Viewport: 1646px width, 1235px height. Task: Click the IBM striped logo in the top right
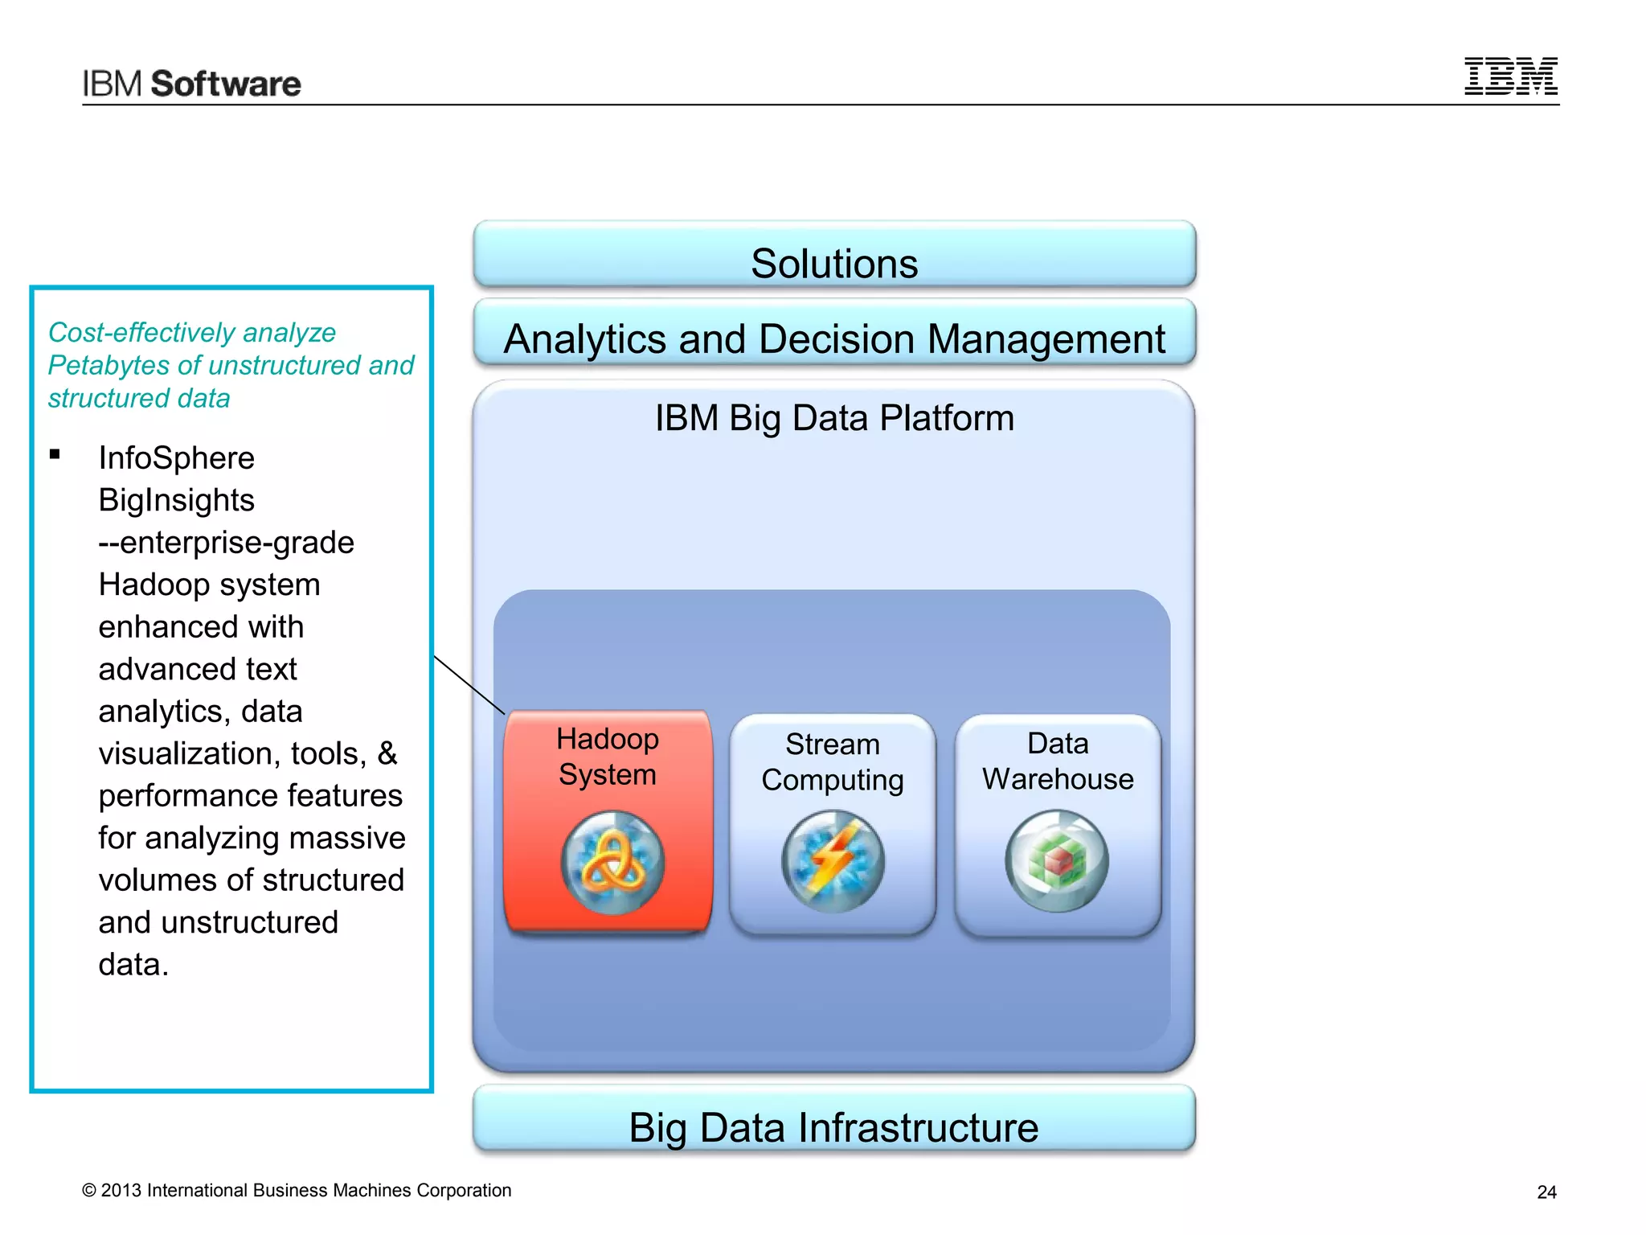click(1510, 77)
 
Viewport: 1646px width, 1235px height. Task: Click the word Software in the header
click(226, 84)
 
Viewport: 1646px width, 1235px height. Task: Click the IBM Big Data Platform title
click(834, 418)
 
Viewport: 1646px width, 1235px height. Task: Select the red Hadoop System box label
click(608, 757)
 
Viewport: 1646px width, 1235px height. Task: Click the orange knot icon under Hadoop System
click(612, 862)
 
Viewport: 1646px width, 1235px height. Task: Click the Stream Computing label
click(833, 762)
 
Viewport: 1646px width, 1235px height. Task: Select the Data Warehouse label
click(1058, 761)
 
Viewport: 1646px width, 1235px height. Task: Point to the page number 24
click(1546, 1192)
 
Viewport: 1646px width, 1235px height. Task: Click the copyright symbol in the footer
click(89, 1191)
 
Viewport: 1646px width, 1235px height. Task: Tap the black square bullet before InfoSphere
click(55, 454)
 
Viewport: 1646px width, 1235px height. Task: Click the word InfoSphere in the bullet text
click(176, 458)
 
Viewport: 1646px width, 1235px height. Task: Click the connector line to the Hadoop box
click(469, 685)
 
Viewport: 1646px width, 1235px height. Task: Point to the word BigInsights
click(176, 501)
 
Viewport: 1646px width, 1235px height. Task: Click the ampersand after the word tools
click(387, 754)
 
